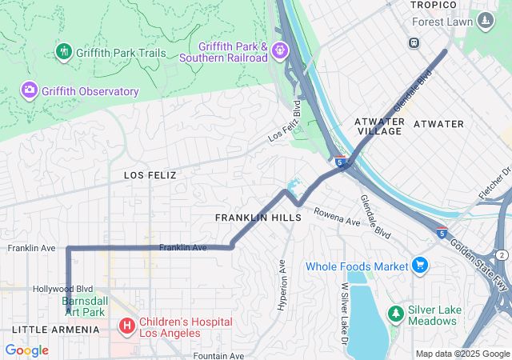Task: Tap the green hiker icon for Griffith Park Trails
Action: point(64,52)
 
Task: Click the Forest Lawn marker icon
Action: point(485,20)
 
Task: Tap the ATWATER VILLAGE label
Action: point(378,126)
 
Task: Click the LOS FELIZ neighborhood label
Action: point(150,174)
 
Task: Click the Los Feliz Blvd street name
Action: point(285,121)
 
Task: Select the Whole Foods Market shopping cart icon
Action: point(420,265)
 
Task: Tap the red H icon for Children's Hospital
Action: point(126,326)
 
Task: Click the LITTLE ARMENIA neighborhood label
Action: point(56,330)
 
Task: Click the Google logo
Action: point(26,350)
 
